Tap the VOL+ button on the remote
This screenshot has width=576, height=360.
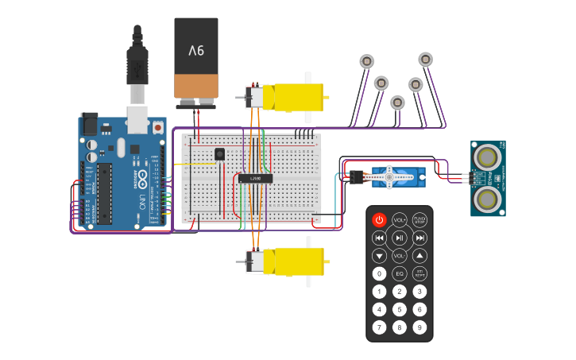click(400, 219)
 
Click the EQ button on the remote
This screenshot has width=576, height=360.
click(400, 274)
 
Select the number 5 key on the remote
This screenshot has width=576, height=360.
click(400, 309)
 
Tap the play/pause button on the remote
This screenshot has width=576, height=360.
click(400, 238)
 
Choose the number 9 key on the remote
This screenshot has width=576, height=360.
click(419, 327)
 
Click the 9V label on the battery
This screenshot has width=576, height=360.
click(195, 51)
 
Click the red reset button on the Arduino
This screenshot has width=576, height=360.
click(158, 127)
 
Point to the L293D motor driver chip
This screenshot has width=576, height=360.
click(256, 179)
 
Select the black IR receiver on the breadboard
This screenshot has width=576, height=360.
click(219, 154)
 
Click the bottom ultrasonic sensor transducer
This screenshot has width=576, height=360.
click(485, 198)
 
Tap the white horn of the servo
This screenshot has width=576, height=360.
click(391, 176)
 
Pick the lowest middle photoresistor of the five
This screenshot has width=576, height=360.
click(398, 102)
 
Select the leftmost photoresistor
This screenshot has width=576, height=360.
click(366, 61)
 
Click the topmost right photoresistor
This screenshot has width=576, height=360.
click(425, 59)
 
